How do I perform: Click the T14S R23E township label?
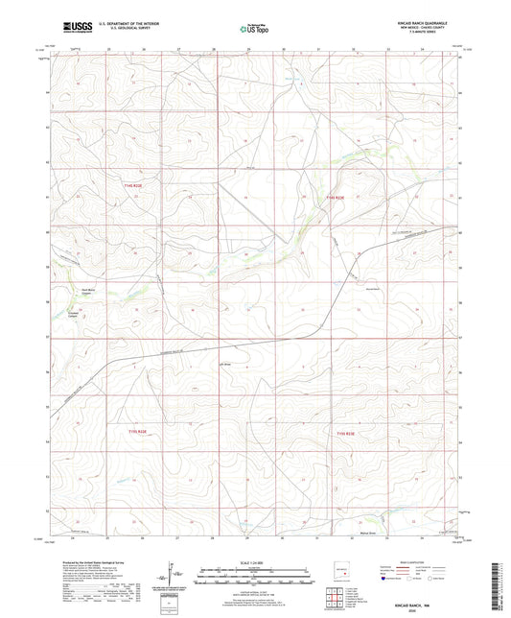(333, 198)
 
